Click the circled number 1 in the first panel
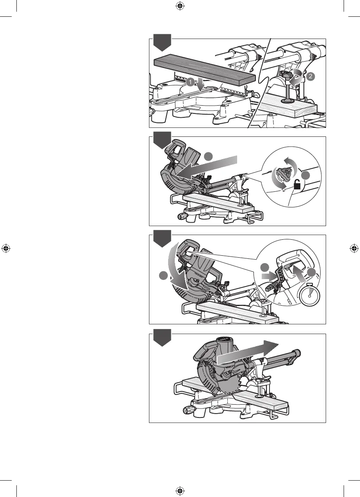190,82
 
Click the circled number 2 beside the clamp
310,77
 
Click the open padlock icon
298,186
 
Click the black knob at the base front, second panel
182,216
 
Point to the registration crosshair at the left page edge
5,248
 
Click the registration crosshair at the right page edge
354,248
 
